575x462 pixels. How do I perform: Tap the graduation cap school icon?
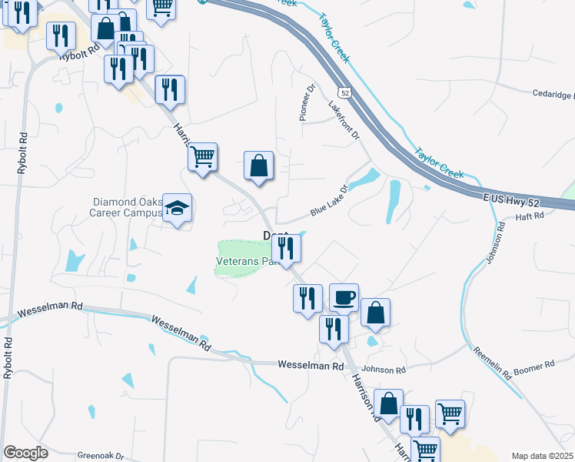coord(178,208)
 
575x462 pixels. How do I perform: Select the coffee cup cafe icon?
coord(344,296)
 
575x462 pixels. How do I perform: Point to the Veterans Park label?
coord(244,262)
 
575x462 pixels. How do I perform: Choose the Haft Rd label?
coord(530,216)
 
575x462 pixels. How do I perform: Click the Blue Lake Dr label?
coord(330,199)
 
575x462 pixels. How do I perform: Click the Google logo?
coord(25,453)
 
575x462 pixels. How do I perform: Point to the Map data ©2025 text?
coord(543,456)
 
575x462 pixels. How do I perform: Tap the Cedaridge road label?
coord(553,95)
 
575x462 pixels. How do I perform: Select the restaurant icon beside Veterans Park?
coord(286,248)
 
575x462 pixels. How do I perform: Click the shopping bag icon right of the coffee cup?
coord(375,313)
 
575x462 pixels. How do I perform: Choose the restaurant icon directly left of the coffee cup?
coord(307,298)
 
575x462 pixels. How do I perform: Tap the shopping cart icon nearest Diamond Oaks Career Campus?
coord(202,157)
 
